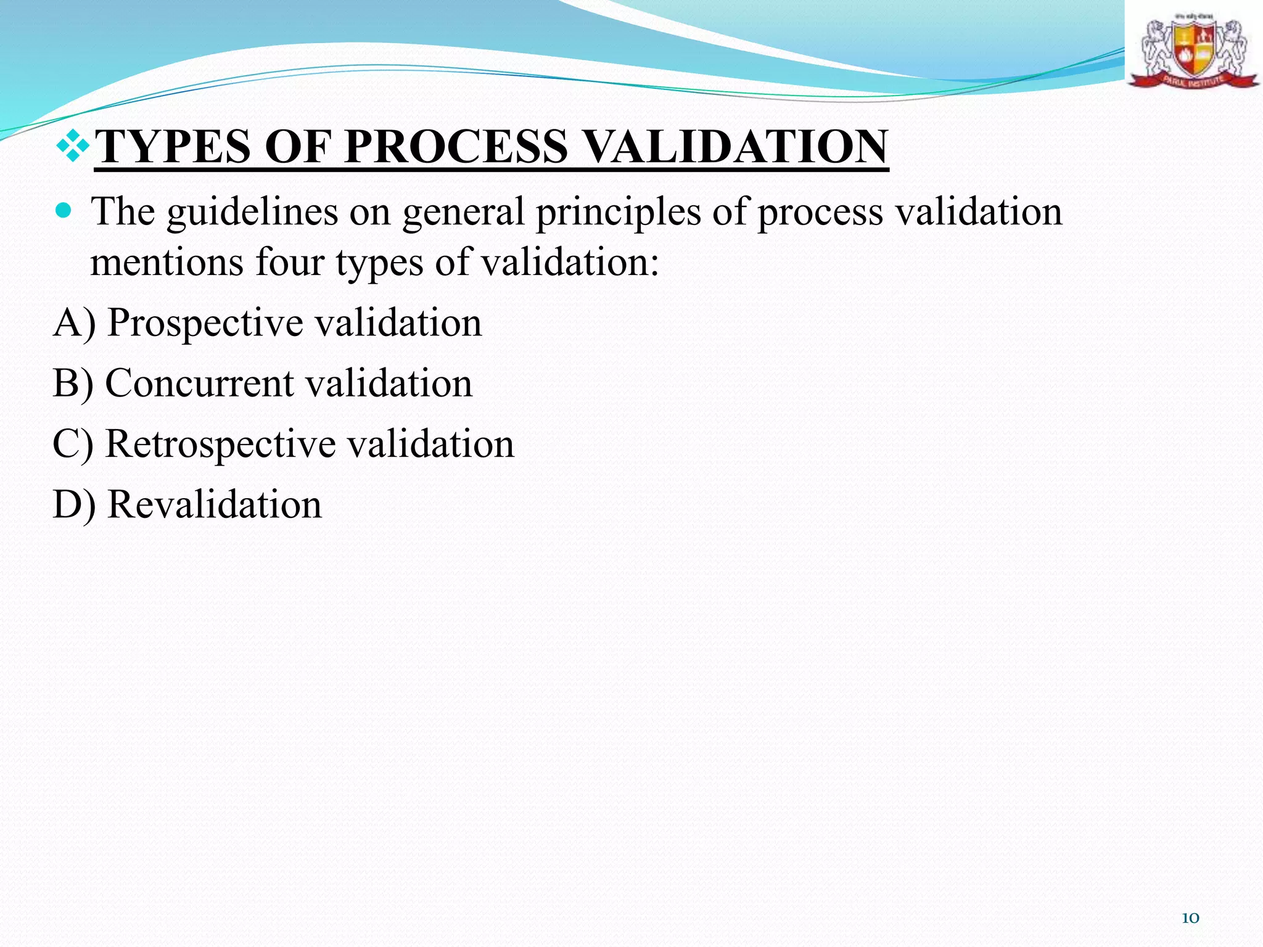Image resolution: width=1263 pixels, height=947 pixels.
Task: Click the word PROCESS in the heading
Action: [x=456, y=147]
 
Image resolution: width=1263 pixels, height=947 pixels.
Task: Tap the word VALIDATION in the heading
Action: [x=734, y=147]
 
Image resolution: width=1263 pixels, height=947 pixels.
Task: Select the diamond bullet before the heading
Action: [x=73, y=145]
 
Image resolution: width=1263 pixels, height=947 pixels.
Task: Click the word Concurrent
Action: [x=199, y=383]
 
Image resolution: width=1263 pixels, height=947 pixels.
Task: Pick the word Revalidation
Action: [x=215, y=504]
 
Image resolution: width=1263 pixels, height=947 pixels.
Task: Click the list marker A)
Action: [x=75, y=323]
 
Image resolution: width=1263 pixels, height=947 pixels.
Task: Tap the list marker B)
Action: [x=73, y=383]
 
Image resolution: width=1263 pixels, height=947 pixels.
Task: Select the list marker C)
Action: [x=73, y=444]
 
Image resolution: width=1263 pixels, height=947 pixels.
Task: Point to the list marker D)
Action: [x=75, y=504]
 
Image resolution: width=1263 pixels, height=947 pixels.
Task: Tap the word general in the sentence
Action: [x=463, y=213]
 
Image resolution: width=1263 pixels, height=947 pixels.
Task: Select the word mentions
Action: [x=167, y=262]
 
